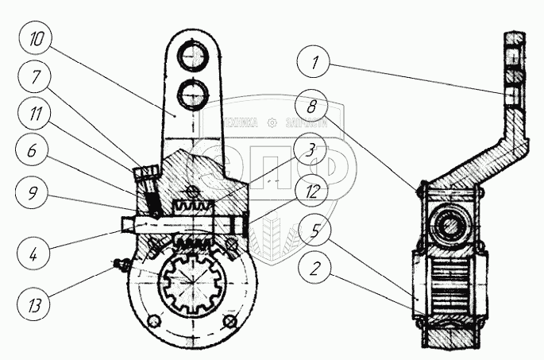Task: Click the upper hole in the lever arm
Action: coord(193,57)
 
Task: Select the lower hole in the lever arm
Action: coord(193,94)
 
